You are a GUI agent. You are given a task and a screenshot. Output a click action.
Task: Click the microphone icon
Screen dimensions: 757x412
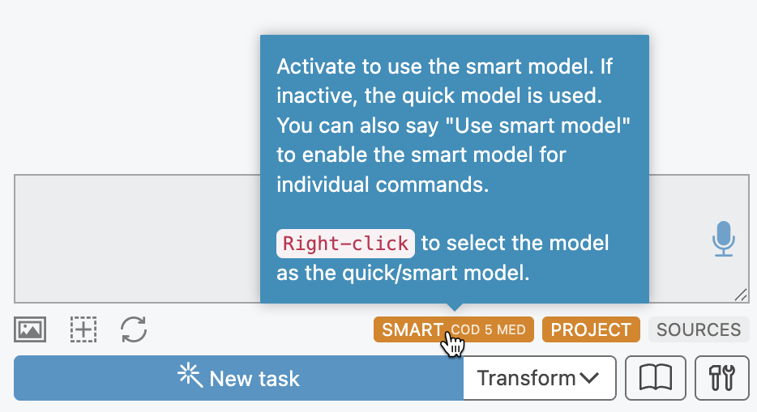tap(723, 239)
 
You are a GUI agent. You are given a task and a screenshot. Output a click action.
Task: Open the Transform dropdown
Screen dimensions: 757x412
tap(539, 378)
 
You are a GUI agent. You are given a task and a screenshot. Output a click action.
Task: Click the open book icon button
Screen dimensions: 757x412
tap(656, 378)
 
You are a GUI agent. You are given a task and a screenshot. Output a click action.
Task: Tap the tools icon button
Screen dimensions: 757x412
tap(722, 378)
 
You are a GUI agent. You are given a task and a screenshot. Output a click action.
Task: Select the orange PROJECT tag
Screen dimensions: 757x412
tap(591, 329)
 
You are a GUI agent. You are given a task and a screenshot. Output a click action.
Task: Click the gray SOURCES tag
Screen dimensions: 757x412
tap(699, 329)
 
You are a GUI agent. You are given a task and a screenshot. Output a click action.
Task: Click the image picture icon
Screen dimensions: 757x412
tap(30, 329)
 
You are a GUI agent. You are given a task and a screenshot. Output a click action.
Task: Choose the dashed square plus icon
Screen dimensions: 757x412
tap(83, 329)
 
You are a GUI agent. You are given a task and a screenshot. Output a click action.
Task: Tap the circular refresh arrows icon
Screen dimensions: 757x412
tap(134, 329)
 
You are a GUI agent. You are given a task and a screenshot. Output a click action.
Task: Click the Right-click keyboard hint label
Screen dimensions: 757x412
tap(345, 244)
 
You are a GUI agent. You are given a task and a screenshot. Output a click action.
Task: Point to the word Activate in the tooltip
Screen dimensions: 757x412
tap(316, 66)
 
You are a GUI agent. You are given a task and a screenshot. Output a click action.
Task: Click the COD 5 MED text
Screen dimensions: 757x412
tap(488, 329)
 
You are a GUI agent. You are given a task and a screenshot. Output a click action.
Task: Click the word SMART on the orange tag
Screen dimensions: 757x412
tap(413, 329)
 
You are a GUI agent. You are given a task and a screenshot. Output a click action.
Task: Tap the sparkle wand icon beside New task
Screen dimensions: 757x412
tap(190, 376)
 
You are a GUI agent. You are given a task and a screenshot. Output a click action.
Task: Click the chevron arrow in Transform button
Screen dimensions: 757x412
tap(589, 378)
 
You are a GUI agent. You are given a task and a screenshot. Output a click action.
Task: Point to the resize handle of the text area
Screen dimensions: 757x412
tap(741, 295)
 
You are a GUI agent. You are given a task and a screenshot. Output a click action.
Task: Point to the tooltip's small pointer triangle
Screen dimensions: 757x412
tap(455, 307)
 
